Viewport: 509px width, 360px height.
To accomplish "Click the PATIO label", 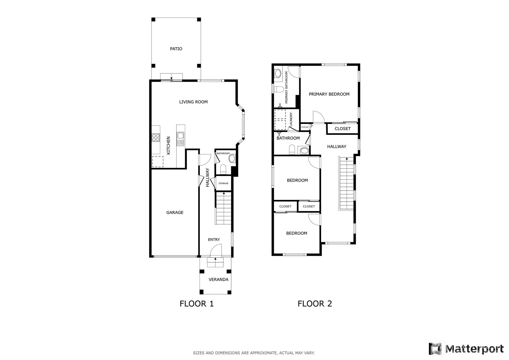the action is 176,49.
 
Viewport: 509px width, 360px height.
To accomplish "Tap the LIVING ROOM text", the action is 193,102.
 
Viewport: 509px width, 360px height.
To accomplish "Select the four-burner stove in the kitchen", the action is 156,138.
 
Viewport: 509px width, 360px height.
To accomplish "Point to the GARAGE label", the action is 175,212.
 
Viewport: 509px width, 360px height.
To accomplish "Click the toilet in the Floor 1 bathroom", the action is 223,169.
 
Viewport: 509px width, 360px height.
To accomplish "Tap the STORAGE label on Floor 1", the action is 224,183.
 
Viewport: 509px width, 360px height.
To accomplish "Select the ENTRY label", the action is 214,239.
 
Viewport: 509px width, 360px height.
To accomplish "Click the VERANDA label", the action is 218,280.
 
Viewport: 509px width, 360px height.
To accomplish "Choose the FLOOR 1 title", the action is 197,304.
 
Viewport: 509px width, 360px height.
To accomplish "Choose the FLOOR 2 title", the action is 315,304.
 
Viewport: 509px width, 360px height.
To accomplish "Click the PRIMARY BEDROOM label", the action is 329,94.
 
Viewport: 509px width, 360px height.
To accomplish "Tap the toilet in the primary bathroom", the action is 279,89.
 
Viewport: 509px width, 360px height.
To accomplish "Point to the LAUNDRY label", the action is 291,119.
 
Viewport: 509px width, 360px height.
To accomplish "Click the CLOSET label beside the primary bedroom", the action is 342,129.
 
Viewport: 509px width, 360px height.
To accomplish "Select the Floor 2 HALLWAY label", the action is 337,147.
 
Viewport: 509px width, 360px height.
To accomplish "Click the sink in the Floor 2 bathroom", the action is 304,151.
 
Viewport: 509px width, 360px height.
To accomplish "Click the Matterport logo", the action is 466,349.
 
